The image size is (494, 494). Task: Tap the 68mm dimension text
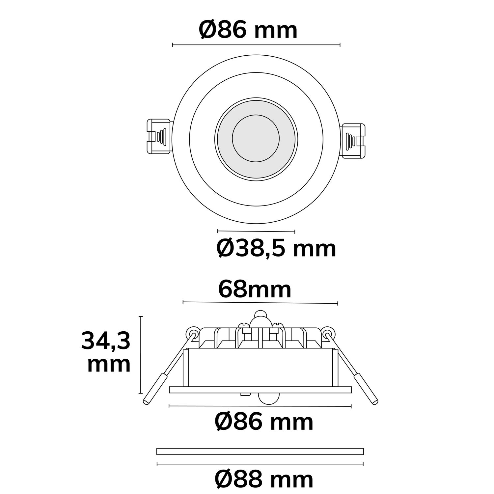click(255, 289)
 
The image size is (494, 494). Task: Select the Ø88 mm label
click(263, 480)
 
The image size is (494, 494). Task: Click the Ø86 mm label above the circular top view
click(248, 30)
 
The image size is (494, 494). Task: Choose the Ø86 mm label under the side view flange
click(263, 422)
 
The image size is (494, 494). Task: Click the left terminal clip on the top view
click(159, 136)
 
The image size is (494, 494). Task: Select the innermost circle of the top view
click(256, 138)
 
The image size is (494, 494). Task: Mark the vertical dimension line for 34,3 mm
click(141, 355)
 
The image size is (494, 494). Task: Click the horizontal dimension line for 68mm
click(260, 302)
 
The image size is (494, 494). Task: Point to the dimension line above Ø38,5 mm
click(256, 231)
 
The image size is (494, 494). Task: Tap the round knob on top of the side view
click(261, 314)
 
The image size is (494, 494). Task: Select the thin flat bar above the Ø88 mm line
click(260, 451)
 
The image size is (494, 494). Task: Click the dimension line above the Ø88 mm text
click(260, 464)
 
